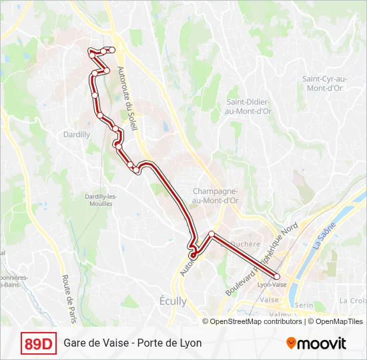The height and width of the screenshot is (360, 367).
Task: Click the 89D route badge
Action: click(x=39, y=343)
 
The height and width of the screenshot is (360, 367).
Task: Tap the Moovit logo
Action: click(x=316, y=343)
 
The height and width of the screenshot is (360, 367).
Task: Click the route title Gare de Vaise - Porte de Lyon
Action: click(x=133, y=343)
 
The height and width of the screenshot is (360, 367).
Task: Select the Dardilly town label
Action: click(x=78, y=134)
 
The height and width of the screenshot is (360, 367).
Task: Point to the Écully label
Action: click(x=173, y=301)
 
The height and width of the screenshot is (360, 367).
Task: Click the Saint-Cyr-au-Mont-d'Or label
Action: click(x=322, y=83)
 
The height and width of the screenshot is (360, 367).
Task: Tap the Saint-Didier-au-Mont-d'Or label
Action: click(x=248, y=107)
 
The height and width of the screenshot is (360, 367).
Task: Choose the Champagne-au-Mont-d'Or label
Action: click(x=215, y=195)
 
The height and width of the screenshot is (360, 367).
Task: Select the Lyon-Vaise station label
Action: click(x=272, y=285)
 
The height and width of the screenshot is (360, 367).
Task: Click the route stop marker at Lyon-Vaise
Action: click(x=277, y=276)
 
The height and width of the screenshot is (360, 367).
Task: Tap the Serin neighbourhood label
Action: click(x=304, y=305)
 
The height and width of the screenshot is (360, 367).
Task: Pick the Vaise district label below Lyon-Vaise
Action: click(x=269, y=300)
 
